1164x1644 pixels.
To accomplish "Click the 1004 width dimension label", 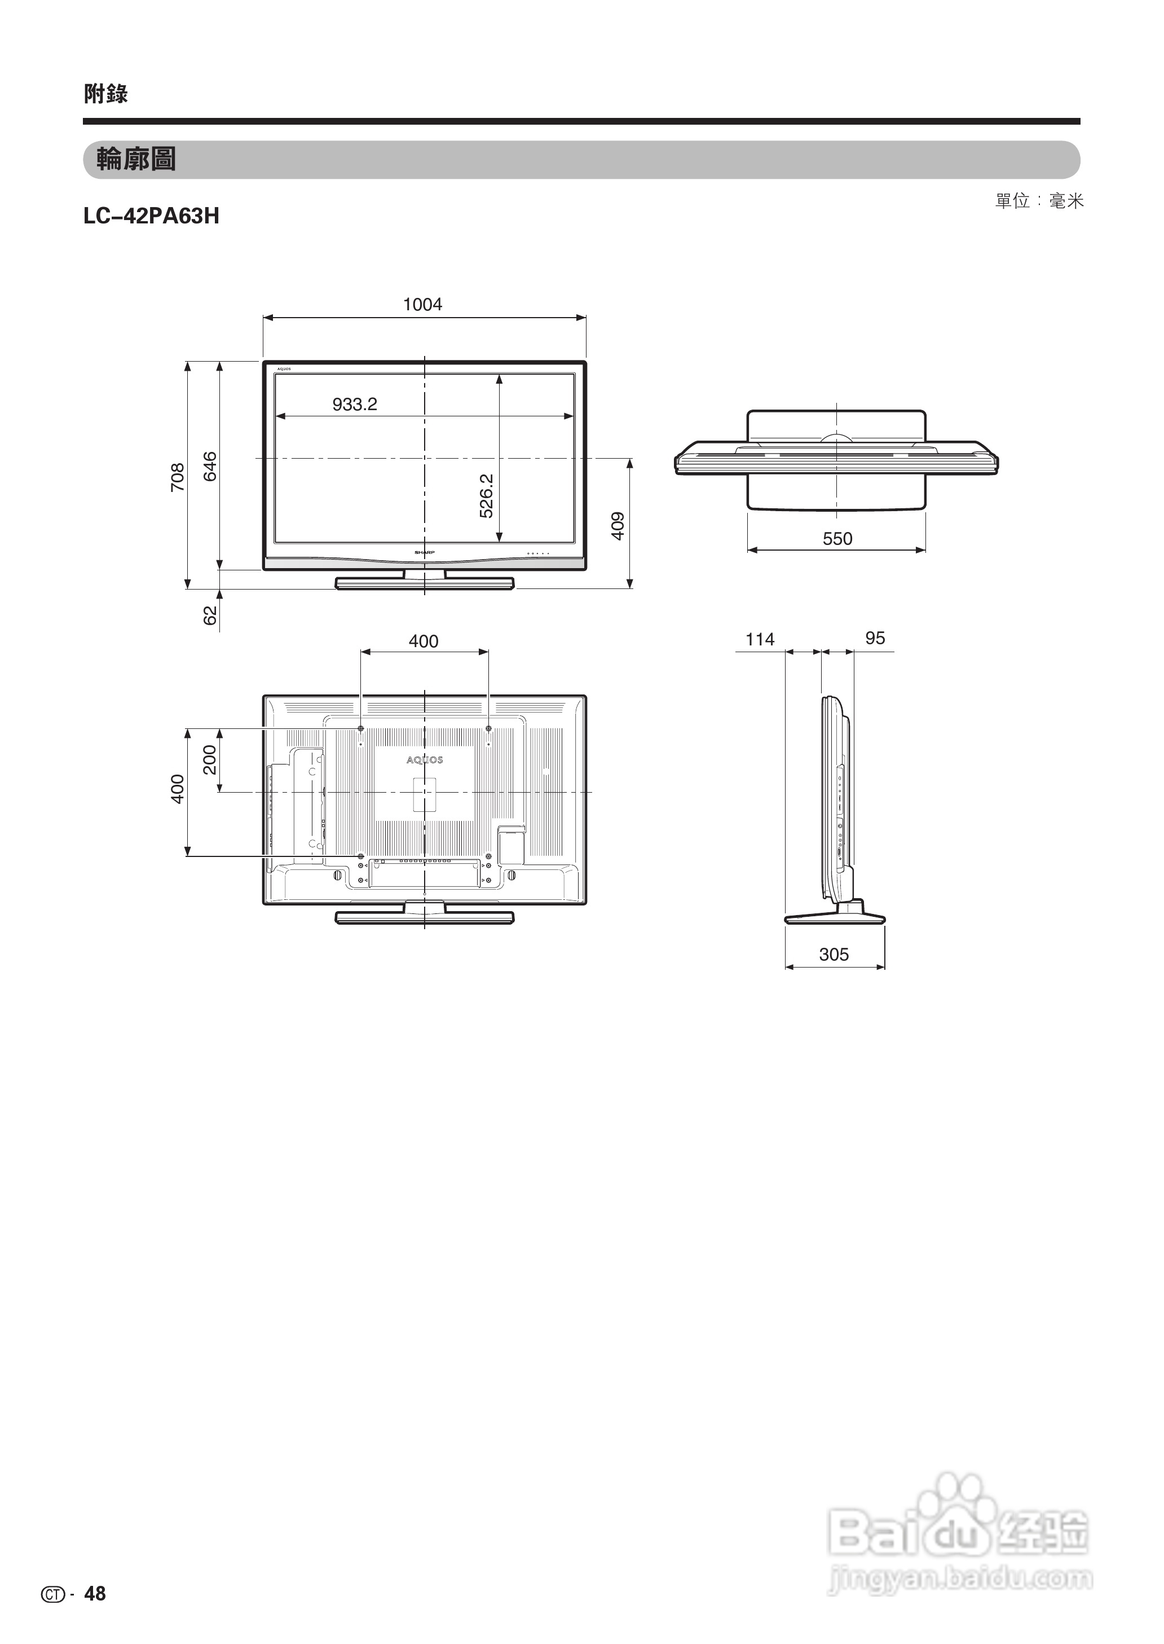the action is (x=422, y=304).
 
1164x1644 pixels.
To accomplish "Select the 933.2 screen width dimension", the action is (x=355, y=405).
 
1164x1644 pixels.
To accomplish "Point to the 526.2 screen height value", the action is (x=487, y=495).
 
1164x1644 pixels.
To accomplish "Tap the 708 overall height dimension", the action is (x=177, y=477).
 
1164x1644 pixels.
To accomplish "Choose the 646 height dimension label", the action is (x=210, y=466).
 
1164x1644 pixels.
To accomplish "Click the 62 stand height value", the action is (x=210, y=615).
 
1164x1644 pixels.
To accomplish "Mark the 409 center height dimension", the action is (x=618, y=526).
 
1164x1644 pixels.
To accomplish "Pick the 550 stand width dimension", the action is (x=837, y=538).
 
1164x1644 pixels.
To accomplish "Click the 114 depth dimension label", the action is (x=760, y=639).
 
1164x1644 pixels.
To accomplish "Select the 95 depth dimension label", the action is (x=875, y=638).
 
